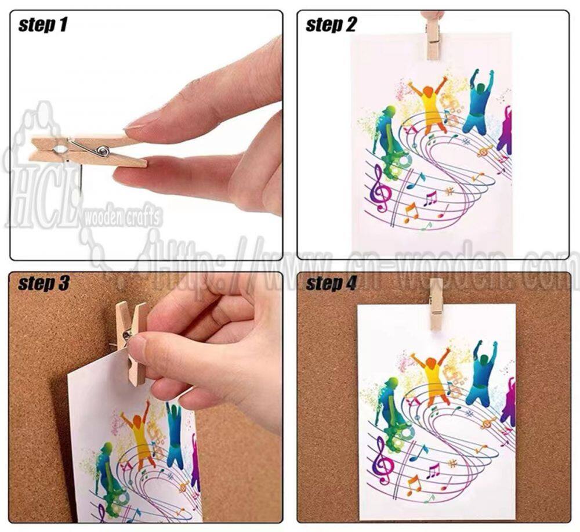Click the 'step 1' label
(43, 25)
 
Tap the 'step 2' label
(331, 25)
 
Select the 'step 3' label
(43, 283)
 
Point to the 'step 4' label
(331, 283)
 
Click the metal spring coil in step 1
(103, 151)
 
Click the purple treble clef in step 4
(380, 461)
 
